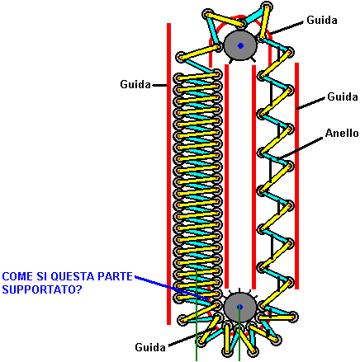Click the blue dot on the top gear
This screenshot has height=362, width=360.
coord(240,45)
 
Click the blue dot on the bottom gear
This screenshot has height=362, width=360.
coord(240,307)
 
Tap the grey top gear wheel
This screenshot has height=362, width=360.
coord(240,45)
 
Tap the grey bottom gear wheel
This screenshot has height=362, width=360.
coord(240,308)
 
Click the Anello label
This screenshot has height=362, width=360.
coord(342,134)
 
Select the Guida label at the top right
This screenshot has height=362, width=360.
coord(322,20)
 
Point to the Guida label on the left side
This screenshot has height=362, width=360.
coord(135,84)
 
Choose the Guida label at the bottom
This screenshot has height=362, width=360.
coord(150,347)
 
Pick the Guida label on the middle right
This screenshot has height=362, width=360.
coord(343,96)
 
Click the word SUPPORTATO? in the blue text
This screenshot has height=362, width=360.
coord(42,289)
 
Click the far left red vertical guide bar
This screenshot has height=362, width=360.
coord(168,174)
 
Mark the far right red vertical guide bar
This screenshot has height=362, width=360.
coord(296,176)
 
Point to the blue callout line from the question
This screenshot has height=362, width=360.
coord(172,288)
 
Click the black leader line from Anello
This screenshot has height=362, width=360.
coord(301,148)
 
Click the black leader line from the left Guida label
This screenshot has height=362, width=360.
coord(159,85)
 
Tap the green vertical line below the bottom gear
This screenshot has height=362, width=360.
coord(239,334)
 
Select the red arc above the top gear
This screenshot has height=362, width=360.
coord(240,17)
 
